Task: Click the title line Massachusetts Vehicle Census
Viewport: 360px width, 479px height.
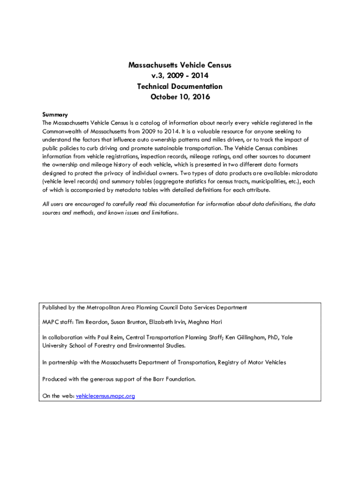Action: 180,65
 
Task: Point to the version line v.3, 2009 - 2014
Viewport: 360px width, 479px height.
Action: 180,76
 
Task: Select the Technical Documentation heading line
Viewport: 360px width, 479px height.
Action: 180,87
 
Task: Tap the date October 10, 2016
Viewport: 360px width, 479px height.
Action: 180,97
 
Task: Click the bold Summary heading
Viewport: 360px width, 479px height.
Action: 55,115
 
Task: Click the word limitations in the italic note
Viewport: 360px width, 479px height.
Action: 161,212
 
